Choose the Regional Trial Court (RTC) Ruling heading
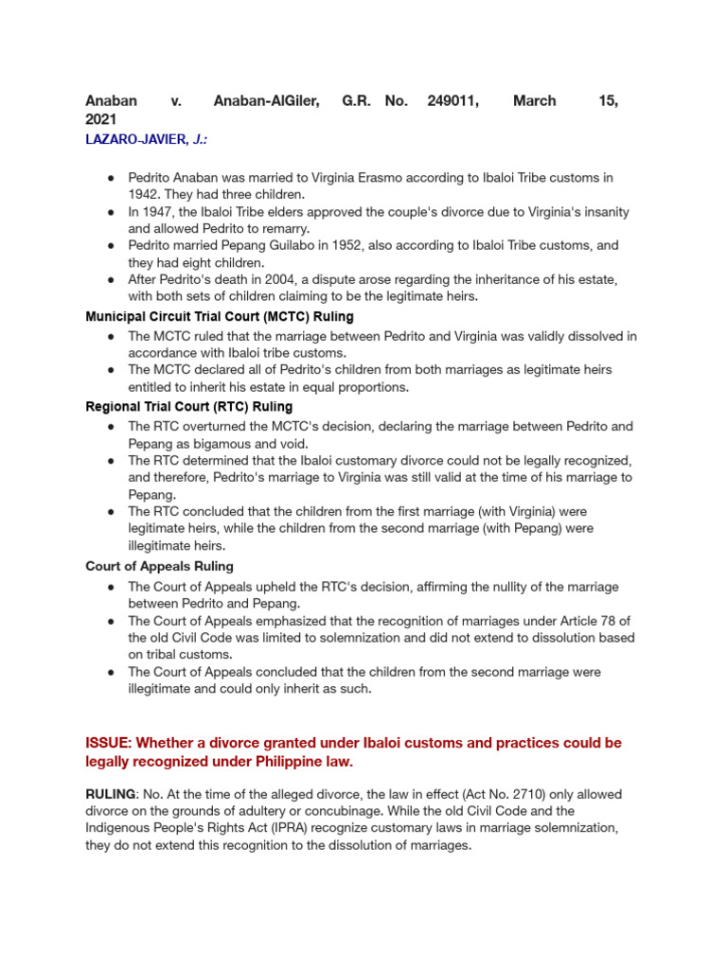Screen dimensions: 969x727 [189, 407]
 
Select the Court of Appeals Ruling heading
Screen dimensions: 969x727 [160, 566]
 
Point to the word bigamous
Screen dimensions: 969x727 [207, 443]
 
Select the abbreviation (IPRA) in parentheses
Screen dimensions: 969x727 [277, 828]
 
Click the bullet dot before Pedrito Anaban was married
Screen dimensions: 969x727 [111, 178]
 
